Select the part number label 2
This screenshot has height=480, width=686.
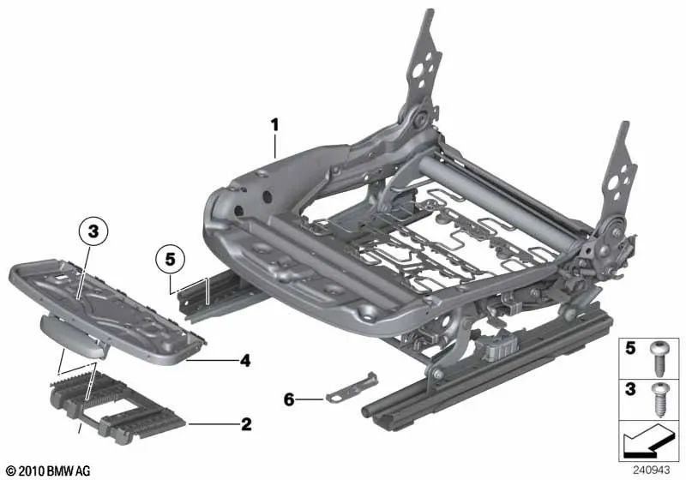245,424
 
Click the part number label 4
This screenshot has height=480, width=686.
245,362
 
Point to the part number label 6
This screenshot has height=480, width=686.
289,399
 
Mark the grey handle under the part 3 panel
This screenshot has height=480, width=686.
73,331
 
